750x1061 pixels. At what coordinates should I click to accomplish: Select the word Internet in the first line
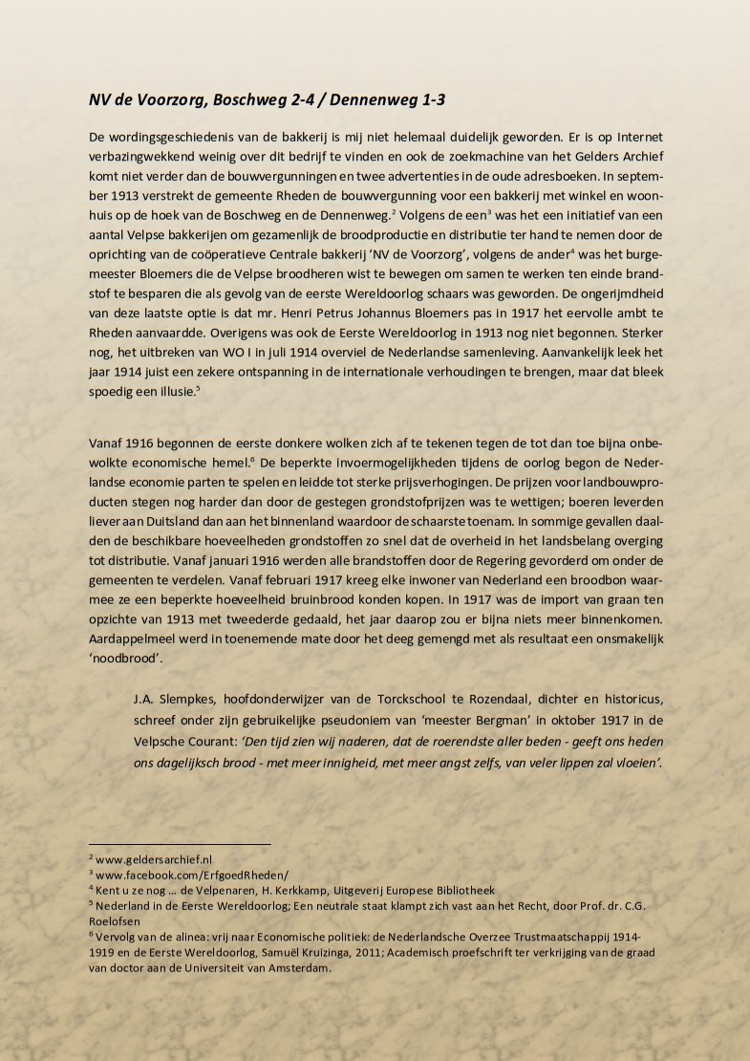[627, 137]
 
